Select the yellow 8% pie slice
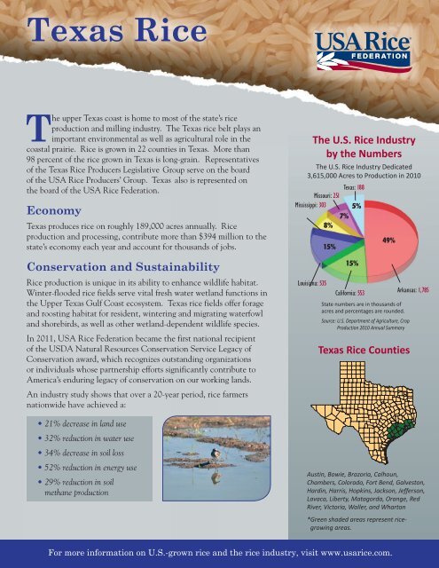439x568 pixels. (x=317, y=225)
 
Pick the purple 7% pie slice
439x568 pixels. (x=341, y=216)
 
